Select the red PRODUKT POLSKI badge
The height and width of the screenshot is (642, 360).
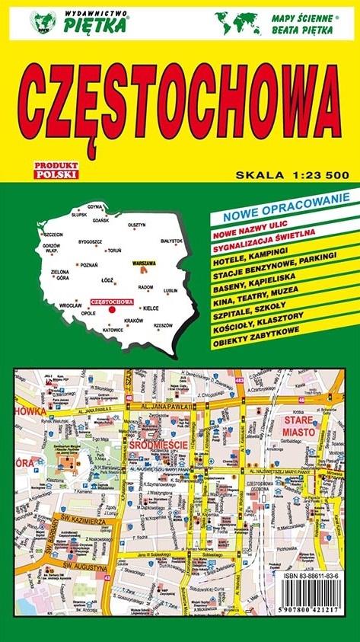point(56,171)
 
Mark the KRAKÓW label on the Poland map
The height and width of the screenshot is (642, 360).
point(134,321)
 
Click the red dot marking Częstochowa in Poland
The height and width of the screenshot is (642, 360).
point(112,310)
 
